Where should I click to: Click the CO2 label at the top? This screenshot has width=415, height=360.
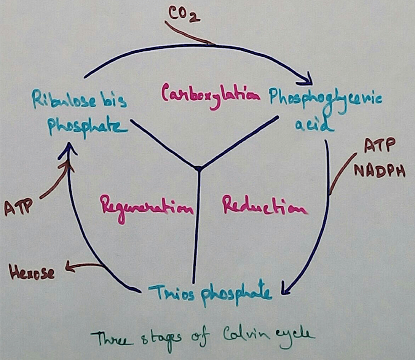184,15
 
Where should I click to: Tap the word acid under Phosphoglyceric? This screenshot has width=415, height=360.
314,124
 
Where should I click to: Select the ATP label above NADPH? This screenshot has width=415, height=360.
379,145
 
